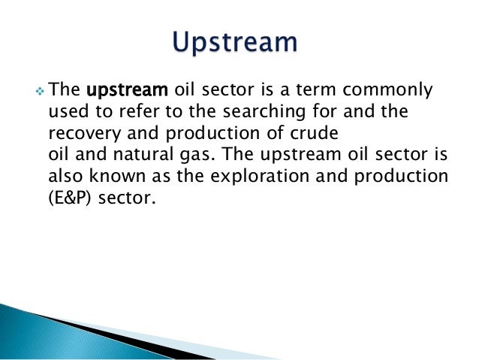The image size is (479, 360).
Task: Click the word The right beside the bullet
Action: point(65,91)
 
